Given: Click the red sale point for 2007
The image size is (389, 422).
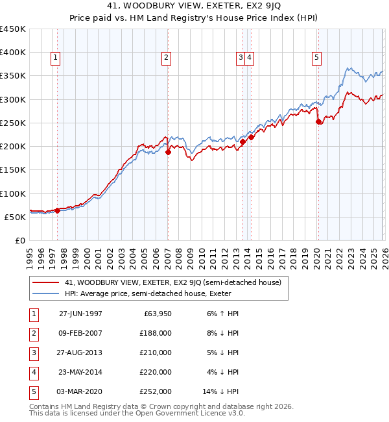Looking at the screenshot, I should [x=168, y=152].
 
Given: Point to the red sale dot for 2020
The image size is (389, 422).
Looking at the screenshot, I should [x=318, y=121].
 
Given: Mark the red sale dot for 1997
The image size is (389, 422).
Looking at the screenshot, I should [x=57, y=210].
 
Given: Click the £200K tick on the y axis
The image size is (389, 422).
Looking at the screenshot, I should [x=14, y=147].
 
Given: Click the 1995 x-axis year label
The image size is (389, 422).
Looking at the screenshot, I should [x=30, y=255].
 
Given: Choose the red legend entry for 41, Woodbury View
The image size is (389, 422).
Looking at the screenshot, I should [x=172, y=282].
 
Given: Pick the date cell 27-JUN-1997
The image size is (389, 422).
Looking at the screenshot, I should [x=80, y=314].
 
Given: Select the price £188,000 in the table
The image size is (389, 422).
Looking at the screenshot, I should [x=156, y=333].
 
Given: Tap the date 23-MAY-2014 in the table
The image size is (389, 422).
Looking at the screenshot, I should [x=80, y=372].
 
